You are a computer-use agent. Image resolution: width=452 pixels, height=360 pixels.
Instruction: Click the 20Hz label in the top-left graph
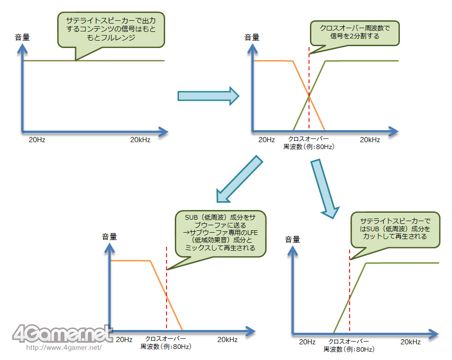(x=37, y=139)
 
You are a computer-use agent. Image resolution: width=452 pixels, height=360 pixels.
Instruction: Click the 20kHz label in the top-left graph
(x=140, y=139)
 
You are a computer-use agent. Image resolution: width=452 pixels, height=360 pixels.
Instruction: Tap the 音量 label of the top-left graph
(x=22, y=37)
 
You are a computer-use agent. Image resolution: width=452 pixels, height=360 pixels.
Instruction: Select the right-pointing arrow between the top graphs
(x=208, y=96)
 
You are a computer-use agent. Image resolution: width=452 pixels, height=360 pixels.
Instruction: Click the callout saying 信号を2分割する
(x=355, y=32)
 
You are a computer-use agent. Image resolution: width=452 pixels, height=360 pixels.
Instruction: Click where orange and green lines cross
(x=309, y=96)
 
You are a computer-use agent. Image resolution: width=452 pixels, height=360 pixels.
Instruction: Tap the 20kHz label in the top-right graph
(x=370, y=139)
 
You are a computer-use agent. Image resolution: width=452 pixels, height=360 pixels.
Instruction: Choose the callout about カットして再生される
(x=394, y=229)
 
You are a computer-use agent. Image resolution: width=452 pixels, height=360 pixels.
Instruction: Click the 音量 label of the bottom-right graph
(x=292, y=240)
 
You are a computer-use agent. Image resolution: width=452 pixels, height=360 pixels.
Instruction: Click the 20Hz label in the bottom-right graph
(x=307, y=342)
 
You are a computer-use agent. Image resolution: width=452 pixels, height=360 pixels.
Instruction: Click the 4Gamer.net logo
(x=63, y=333)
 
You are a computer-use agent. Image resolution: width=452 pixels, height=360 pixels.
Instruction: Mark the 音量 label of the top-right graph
(x=253, y=37)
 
